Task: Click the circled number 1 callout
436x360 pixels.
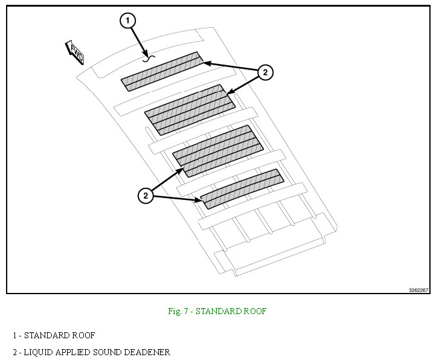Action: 126,21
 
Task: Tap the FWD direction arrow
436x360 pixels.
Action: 75,53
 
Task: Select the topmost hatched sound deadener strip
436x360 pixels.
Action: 162,71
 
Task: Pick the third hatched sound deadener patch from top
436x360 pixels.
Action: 219,150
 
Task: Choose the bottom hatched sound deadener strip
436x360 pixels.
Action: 242,189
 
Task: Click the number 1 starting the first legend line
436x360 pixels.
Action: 14,335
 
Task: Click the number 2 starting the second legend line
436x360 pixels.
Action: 14,352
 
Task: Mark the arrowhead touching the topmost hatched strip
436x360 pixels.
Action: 205,62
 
